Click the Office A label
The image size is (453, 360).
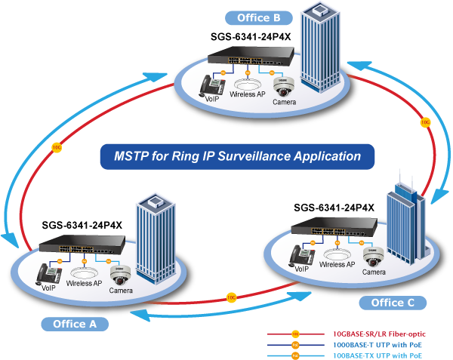75,324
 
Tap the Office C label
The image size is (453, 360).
392,303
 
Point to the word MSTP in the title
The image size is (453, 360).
132,157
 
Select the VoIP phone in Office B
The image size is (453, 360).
211,87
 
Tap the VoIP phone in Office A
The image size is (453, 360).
51,273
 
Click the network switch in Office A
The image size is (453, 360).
83,245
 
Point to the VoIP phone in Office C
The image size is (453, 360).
303,255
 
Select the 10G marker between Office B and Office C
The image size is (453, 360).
425,121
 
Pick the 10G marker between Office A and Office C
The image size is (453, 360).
231,298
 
